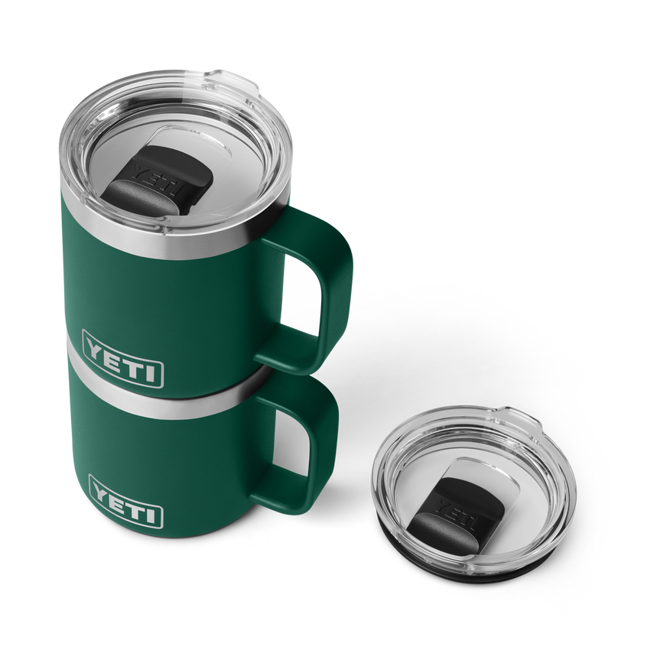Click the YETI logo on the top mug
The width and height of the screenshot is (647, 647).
coord(123,358)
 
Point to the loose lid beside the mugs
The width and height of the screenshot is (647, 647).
coord(473,491)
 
